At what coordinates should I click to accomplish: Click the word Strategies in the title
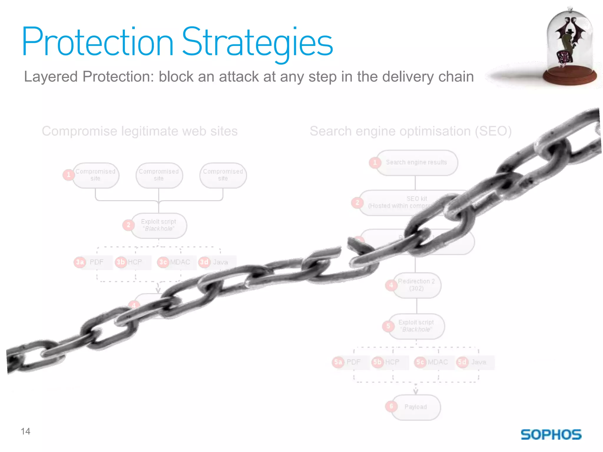click(x=257, y=43)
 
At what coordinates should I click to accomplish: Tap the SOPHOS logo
click(x=551, y=435)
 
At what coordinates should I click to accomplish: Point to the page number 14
click(x=26, y=431)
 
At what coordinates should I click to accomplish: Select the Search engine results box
click(x=417, y=162)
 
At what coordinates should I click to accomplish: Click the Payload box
click(x=416, y=407)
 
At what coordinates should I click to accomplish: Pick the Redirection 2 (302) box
click(x=417, y=285)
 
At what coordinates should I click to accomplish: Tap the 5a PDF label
click(x=347, y=362)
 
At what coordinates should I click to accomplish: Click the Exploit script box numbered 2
click(x=159, y=225)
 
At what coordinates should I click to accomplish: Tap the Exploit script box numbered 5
click(x=416, y=326)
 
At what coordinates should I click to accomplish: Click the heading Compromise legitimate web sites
click(x=140, y=131)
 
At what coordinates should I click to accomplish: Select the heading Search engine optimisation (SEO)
click(x=411, y=131)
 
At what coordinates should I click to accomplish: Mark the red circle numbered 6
click(x=391, y=406)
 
